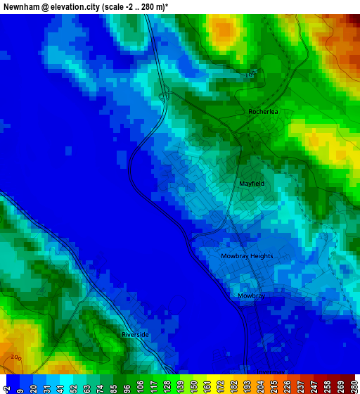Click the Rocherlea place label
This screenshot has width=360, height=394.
tap(264, 112)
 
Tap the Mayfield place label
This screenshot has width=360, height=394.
tap(252, 184)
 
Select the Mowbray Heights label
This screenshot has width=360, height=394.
tap(247, 256)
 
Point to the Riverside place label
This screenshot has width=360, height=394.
tap(135, 335)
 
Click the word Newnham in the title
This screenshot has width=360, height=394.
tap(20, 6)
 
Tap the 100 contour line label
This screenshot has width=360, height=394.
tap(251, 75)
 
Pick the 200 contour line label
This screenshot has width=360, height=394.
tap(15, 358)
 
